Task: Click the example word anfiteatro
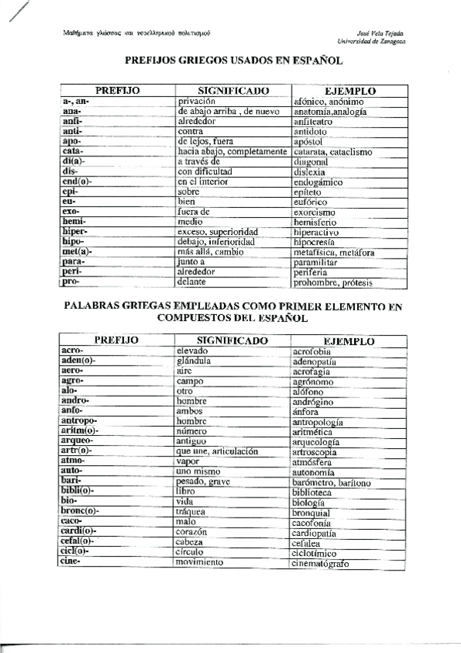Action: click(318, 122)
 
